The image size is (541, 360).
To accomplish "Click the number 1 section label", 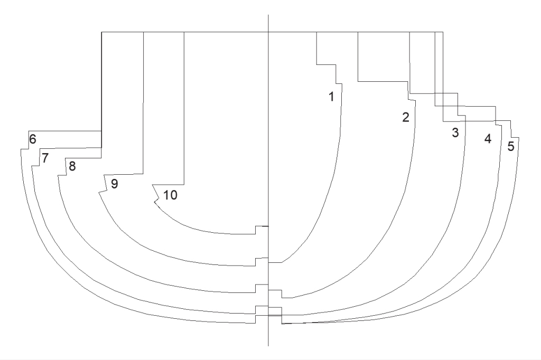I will coord(331,97).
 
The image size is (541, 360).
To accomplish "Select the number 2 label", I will coord(406,117).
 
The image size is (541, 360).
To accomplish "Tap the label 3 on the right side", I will coord(454,132).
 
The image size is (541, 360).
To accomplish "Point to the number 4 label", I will coord(488,139).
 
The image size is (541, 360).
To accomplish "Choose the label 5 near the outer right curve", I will coord(510,146).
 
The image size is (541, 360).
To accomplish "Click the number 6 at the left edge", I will coord(33,139).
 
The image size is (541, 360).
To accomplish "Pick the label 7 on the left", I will coord(45,158).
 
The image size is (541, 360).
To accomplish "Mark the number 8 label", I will coord(72,166).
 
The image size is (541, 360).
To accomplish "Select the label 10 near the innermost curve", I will coord(170,195).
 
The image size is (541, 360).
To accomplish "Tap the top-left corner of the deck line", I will coord(101,32).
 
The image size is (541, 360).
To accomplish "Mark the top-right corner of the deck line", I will coord(443,32).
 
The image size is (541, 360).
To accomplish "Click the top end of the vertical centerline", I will coord(269,15).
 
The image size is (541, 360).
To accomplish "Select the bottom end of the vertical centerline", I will coord(269,346).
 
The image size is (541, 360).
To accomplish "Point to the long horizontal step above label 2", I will coord(383,81).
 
